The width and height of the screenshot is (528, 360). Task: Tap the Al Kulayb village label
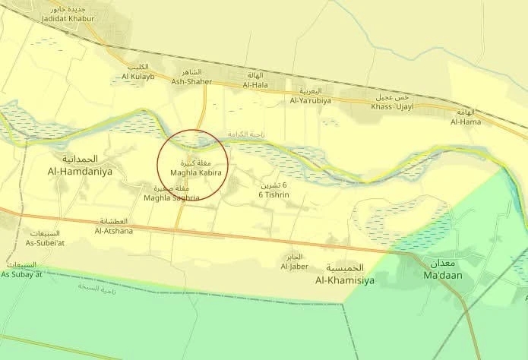tap(138, 76)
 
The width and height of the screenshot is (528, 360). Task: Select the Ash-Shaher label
tap(191, 81)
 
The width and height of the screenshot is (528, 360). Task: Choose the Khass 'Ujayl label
tap(392, 106)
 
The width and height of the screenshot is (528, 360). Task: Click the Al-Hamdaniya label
tap(80, 172)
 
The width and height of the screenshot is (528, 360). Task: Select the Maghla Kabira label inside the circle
tap(190, 174)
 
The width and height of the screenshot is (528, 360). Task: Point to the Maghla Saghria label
tap(172, 197)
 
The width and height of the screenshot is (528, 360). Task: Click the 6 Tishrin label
tap(274, 194)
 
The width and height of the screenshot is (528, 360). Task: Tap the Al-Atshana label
tap(114, 230)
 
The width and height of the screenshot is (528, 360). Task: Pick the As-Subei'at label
tap(47, 243)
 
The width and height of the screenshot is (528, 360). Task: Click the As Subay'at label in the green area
tap(21, 273)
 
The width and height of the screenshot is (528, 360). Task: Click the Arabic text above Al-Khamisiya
tap(346, 268)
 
